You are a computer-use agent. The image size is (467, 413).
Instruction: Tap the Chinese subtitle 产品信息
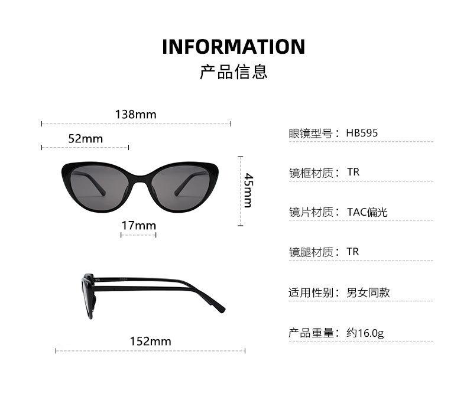pos(234,71)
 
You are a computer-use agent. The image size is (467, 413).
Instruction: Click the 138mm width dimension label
pos(136,114)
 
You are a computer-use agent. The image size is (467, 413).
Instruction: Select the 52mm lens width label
pos(85,138)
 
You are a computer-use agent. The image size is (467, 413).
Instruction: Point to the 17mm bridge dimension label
pos(138,225)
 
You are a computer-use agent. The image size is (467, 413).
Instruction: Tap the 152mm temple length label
pos(150,341)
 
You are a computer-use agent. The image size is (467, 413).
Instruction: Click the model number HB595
pos(362,133)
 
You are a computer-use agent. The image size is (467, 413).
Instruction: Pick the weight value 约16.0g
pos(365,333)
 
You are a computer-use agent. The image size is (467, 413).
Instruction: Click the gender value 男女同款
pos(368,292)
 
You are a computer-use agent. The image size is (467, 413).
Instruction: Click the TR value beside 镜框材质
pos(353,172)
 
